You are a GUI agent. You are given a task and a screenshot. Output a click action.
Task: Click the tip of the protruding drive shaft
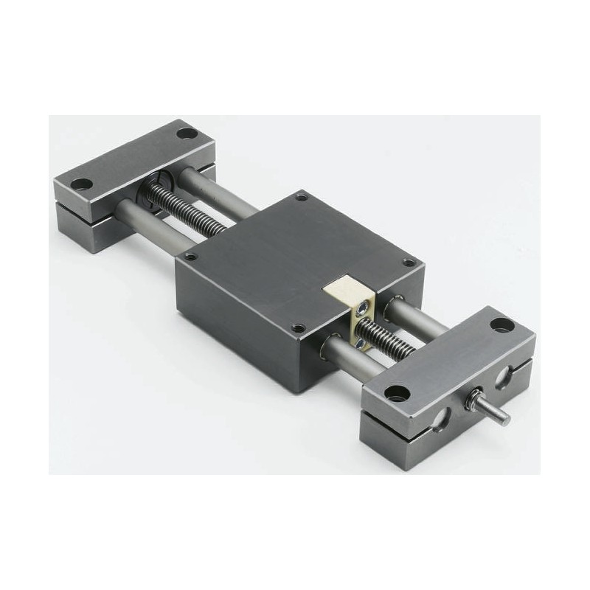(505, 417)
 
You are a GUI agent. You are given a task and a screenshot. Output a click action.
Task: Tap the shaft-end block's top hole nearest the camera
(397, 392)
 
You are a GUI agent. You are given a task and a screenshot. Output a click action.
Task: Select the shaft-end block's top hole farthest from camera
(501, 324)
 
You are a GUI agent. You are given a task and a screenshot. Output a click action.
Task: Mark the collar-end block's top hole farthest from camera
(187, 134)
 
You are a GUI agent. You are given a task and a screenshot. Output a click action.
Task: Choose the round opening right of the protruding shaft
(506, 378)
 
